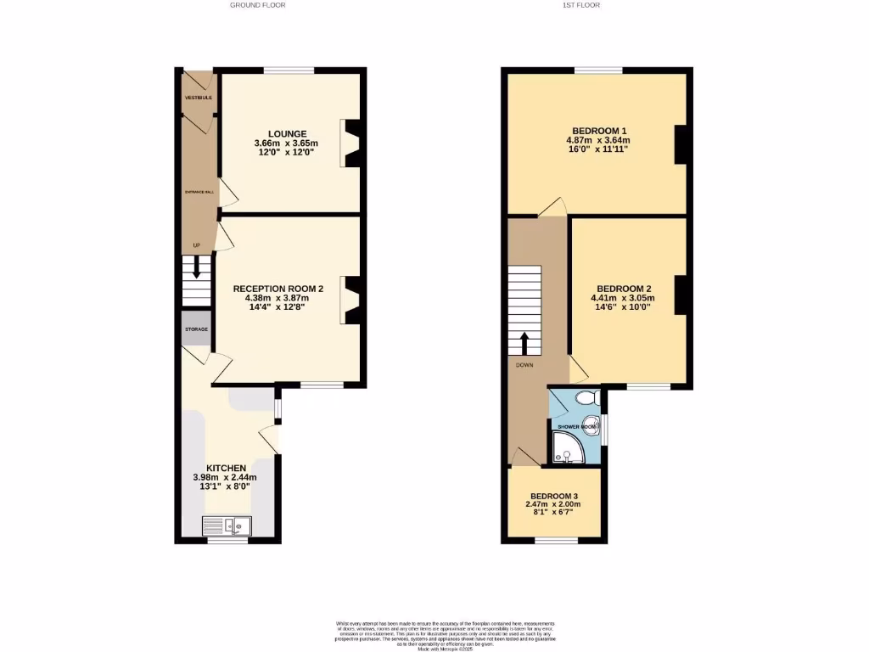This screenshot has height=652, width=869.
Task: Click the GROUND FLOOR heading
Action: click(257, 5)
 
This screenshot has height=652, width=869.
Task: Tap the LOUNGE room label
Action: click(288, 133)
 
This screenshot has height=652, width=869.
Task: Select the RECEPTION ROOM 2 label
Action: click(278, 289)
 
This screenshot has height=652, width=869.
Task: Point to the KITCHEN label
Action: click(226, 468)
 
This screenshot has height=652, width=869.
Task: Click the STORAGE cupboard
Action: click(196, 329)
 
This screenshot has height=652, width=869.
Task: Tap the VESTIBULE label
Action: click(199, 98)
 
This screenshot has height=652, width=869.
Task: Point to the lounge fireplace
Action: click(352, 142)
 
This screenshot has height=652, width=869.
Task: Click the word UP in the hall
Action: click(196, 246)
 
